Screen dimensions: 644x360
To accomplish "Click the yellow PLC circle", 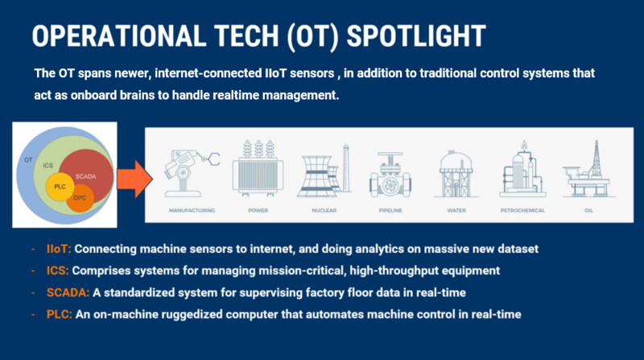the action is click(60, 187).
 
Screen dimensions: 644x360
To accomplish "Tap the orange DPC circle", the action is click(80, 198).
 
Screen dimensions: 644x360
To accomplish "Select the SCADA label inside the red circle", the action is click(85, 176).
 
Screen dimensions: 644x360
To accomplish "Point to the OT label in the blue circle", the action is click(28, 159).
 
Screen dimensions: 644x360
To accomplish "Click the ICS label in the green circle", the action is click(48, 165).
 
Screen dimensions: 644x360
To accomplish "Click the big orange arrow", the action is click(134, 179).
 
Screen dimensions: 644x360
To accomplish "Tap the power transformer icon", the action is click(258, 168).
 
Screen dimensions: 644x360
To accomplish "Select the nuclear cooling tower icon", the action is click(324, 171).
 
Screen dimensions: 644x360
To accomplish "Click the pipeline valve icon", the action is click(390, 175).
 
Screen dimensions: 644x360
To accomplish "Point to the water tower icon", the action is click(456, 173).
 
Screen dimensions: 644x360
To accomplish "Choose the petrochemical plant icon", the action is click(522, 169).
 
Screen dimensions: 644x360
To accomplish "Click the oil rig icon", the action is click(588, 168).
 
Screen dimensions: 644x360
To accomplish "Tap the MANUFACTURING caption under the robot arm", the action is click(192, 210).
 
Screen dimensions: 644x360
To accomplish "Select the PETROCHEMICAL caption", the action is click(522, 210).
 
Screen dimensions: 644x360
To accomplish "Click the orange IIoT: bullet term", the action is click(59, 249).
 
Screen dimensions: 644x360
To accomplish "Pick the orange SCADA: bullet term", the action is click(68, 292).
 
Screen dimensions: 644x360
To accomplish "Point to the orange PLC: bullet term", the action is click(59, 314).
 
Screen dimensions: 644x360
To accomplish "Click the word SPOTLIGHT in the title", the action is click(416, 36).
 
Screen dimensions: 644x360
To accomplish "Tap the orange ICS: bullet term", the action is click(57, 271).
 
